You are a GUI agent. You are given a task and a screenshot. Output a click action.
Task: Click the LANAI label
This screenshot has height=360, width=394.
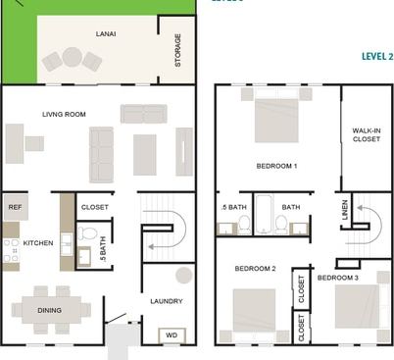click(x=105, y=32)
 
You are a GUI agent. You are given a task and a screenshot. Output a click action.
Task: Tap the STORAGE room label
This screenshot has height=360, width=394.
click(x=177, y=50)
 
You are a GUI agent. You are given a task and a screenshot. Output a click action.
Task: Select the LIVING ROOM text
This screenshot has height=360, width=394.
click(x=64, y=115)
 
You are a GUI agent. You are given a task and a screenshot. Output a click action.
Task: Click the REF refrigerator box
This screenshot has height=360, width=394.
click(x=15, y=207)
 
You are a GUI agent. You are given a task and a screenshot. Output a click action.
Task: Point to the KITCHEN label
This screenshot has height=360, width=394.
click(x=38, y=242)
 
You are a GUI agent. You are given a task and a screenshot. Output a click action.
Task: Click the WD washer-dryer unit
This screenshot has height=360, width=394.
click(x=171, y=334)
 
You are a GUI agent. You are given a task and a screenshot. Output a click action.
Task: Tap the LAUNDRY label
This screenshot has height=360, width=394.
click(x=167, y=301)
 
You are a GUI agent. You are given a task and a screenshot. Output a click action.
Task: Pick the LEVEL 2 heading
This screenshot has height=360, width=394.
click(x=376, y=57)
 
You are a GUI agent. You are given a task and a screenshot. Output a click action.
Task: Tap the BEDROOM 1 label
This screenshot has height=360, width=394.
click(x=276, y=165)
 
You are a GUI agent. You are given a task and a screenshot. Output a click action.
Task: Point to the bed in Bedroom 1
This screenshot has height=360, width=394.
click(x=277, y=118)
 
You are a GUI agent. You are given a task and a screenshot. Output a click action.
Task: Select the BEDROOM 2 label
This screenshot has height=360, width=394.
click(x=254, y=268)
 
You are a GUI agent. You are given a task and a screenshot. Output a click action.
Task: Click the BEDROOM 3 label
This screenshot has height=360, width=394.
click(x=338, y=278)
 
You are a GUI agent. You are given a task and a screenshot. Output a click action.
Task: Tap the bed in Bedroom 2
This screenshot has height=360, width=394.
click(x=253, y=314)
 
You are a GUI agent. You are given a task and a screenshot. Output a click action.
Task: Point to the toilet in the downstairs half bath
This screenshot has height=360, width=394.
click(x=89, y=235)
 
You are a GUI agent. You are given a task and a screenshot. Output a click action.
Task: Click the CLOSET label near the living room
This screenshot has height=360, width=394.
click(x=94, y=207)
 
